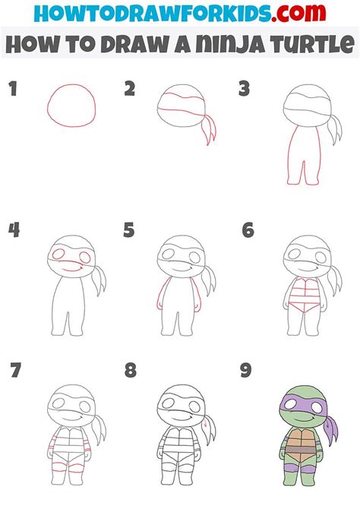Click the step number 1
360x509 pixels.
pyautogui.click(x=12, y=90)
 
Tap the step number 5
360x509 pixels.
pyautogui.click(x=128, y=229)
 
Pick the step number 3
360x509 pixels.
pyautogui.click(x=245, y=90)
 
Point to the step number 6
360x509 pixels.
pyautogui.click(x=247, y=229)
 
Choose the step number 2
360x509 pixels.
pyautogui.click(x=129, y=90)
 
